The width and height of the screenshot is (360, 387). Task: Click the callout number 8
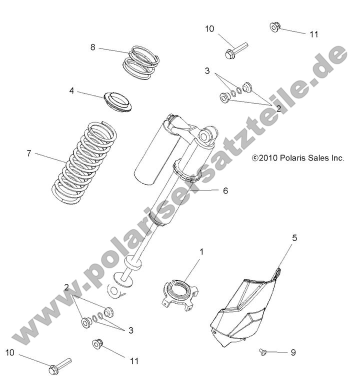92,47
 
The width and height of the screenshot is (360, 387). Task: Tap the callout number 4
85,91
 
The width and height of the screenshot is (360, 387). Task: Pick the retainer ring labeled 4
118,101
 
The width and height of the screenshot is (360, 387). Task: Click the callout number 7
29,153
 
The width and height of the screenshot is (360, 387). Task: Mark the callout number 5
294,238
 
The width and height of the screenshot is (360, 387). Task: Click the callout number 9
293,352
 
